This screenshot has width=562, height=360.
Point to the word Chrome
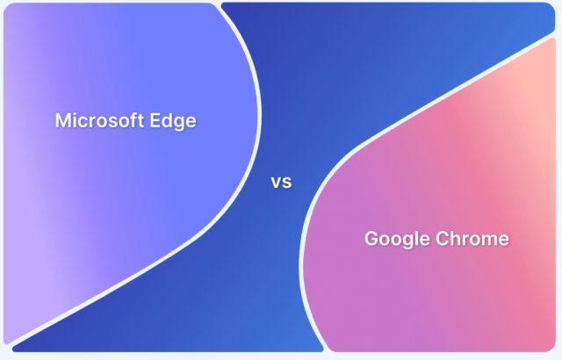point(475,239)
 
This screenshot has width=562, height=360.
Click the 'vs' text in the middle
point(281,184)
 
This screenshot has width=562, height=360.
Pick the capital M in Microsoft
point(63,121)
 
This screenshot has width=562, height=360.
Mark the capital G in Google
point(371,239)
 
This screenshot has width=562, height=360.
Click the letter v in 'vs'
point(276,184)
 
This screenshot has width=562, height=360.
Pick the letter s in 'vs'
point(286,184)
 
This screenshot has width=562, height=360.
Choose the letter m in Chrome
point(490,240)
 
